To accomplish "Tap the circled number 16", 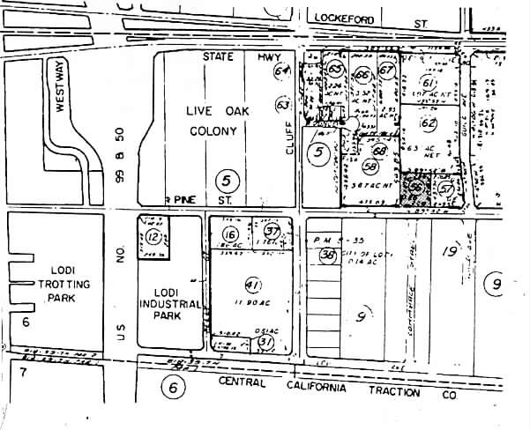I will pyautogui.click(x=231, y=234).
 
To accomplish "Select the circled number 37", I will pyautogui.click(x=271, y=231).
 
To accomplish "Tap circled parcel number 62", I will pyautogui.click(x=429, y=123).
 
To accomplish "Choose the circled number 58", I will pyautogui.click(x=370, y=168).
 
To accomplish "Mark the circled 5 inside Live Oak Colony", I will pyautogui.click(x=228, y=181).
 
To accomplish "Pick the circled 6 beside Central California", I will pyautogui.click(x=173, y=387).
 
